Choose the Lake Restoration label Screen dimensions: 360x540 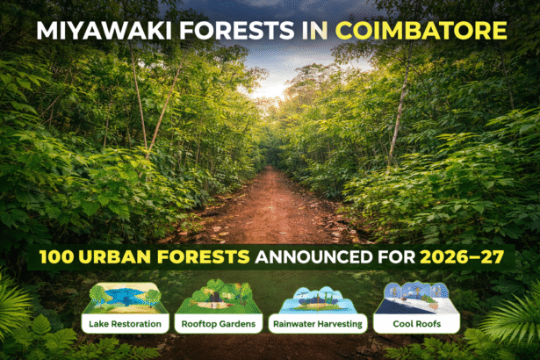tap(125, 325)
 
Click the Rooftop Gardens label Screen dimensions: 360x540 tap(220, 325)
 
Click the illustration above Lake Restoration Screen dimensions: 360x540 tap(125, 298)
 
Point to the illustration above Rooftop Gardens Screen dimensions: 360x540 tap(220, 298)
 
